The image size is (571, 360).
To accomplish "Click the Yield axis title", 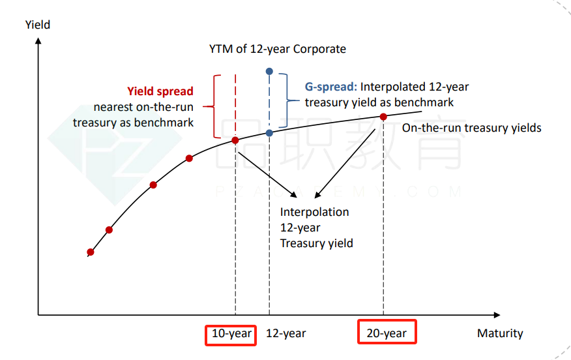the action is (x=38, y=25).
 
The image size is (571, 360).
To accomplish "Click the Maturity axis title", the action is (x=500, y=333).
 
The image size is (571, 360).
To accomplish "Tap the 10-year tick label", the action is (x=231, y=333).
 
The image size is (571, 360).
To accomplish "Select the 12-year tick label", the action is (x=286, y=333).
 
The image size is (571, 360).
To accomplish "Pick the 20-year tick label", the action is (x=387, y=333).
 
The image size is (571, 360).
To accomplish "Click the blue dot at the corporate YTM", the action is (x=269, y=71).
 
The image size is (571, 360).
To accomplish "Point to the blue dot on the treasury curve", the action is (x=269, y=133).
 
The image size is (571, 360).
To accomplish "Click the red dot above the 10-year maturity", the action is (x=235, y=140).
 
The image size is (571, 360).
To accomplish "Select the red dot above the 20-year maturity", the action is (x=383, y=117).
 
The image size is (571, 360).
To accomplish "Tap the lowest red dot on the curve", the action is (x=91, y=252).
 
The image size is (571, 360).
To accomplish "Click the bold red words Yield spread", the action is (x=160, y=91).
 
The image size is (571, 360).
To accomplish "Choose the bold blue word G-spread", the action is (x=330, y=87).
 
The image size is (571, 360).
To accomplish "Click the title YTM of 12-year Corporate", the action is (x=278, y=49).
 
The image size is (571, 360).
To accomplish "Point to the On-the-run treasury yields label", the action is (x=471, y=128).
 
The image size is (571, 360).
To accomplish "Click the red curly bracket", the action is (x=214, y=106).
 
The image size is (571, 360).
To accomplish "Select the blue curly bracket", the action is (x=287, y=100).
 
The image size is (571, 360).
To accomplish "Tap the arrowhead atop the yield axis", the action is (x=38, y=41).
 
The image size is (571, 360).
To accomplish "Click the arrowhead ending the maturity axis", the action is (x=497, y=315).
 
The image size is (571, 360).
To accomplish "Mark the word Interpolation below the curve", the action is (x=314, y=212).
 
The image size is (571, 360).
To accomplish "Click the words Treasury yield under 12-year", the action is (x=316, y=243).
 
